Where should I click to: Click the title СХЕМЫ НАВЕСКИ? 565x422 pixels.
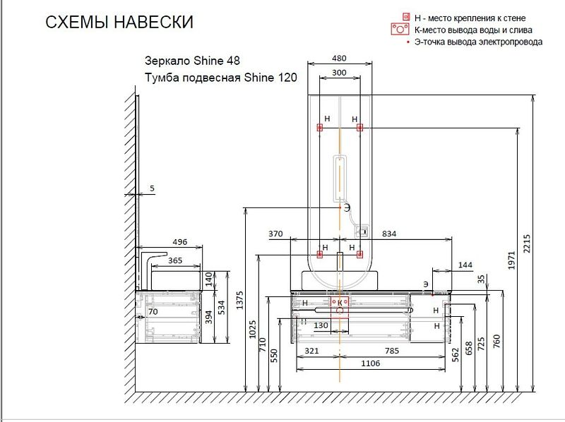(119, 23)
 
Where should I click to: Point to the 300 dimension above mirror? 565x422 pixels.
(340, 73)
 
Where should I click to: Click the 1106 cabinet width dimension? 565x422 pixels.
(371, 363)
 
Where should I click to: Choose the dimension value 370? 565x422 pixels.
(275, 233)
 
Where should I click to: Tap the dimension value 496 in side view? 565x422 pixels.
(180, 242)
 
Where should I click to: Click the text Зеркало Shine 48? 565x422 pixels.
(197, 61)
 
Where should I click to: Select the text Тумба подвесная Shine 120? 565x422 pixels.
(220, 78)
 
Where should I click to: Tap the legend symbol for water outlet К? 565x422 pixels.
(400, 30)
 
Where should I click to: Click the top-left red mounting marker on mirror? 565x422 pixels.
(320, 128)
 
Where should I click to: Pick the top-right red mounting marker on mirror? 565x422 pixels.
(359, 128)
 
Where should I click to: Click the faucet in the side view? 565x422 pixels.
(150, 265)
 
